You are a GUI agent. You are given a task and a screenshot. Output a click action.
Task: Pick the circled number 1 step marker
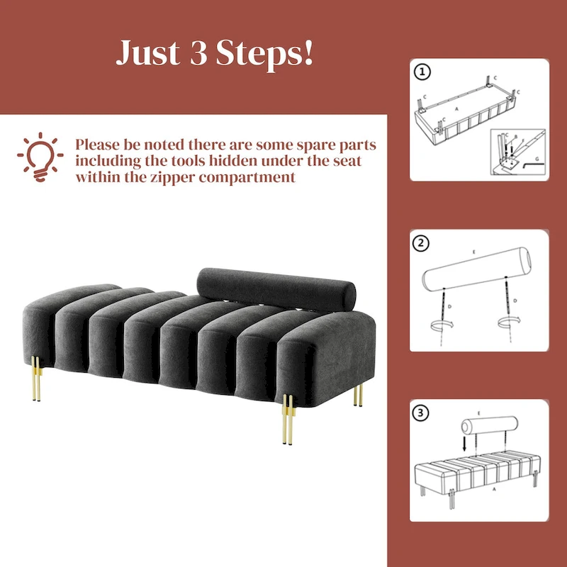coord(423,72)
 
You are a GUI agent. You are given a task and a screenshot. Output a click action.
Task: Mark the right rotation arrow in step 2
coord(507,322)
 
